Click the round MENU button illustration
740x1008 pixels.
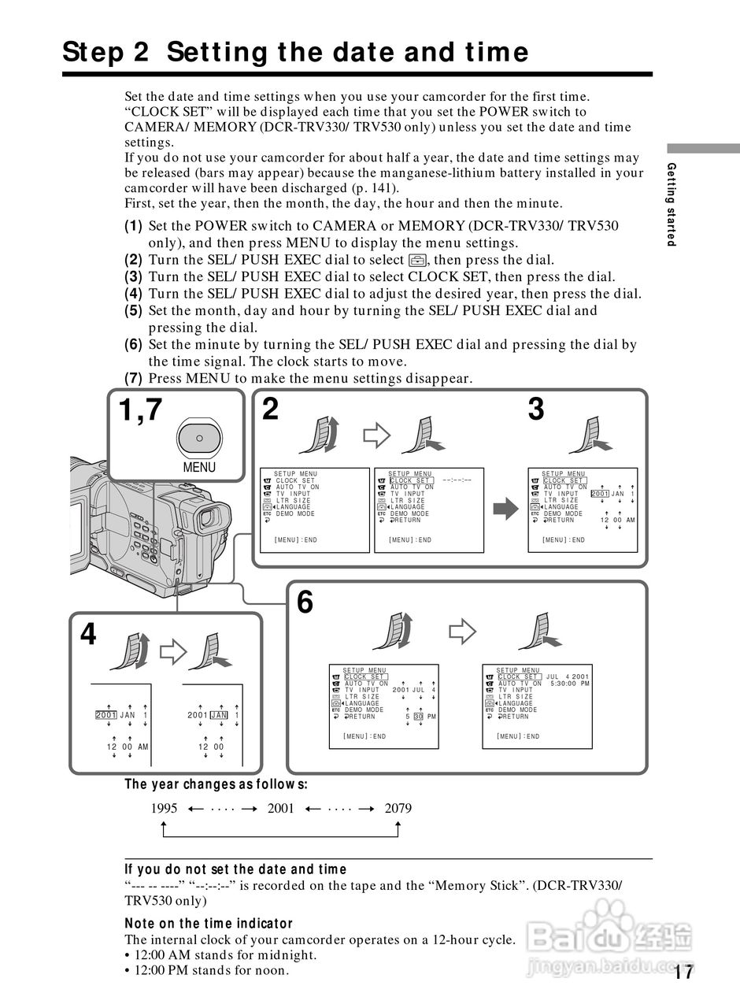click(x=199, y=437)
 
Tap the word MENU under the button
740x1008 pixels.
click(x=199, y=467)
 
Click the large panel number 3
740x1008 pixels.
click(x=536, y=409)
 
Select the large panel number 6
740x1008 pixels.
click(x=305, y=603)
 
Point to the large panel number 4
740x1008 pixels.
click(x=88, y=635)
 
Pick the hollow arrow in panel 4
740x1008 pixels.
click(x=172, y=650)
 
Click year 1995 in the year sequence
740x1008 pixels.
click(x=164, y=808)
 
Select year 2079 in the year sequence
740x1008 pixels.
click(x=398, y=808)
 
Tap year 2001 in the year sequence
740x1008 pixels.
click(x=281, y=808)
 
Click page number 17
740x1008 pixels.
click(x=683, y=973)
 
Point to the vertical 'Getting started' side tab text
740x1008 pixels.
click(x=672, y=204)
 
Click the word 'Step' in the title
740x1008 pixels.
click(x=95, y=52)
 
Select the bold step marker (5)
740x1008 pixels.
click(x=133, y=310)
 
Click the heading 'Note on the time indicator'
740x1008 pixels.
click(x=209, y=923)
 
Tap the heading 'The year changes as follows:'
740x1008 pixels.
click(x=216, y=784)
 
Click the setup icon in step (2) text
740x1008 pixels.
click(x=417, y=260)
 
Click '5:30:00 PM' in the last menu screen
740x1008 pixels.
click(x=569, y=683)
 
